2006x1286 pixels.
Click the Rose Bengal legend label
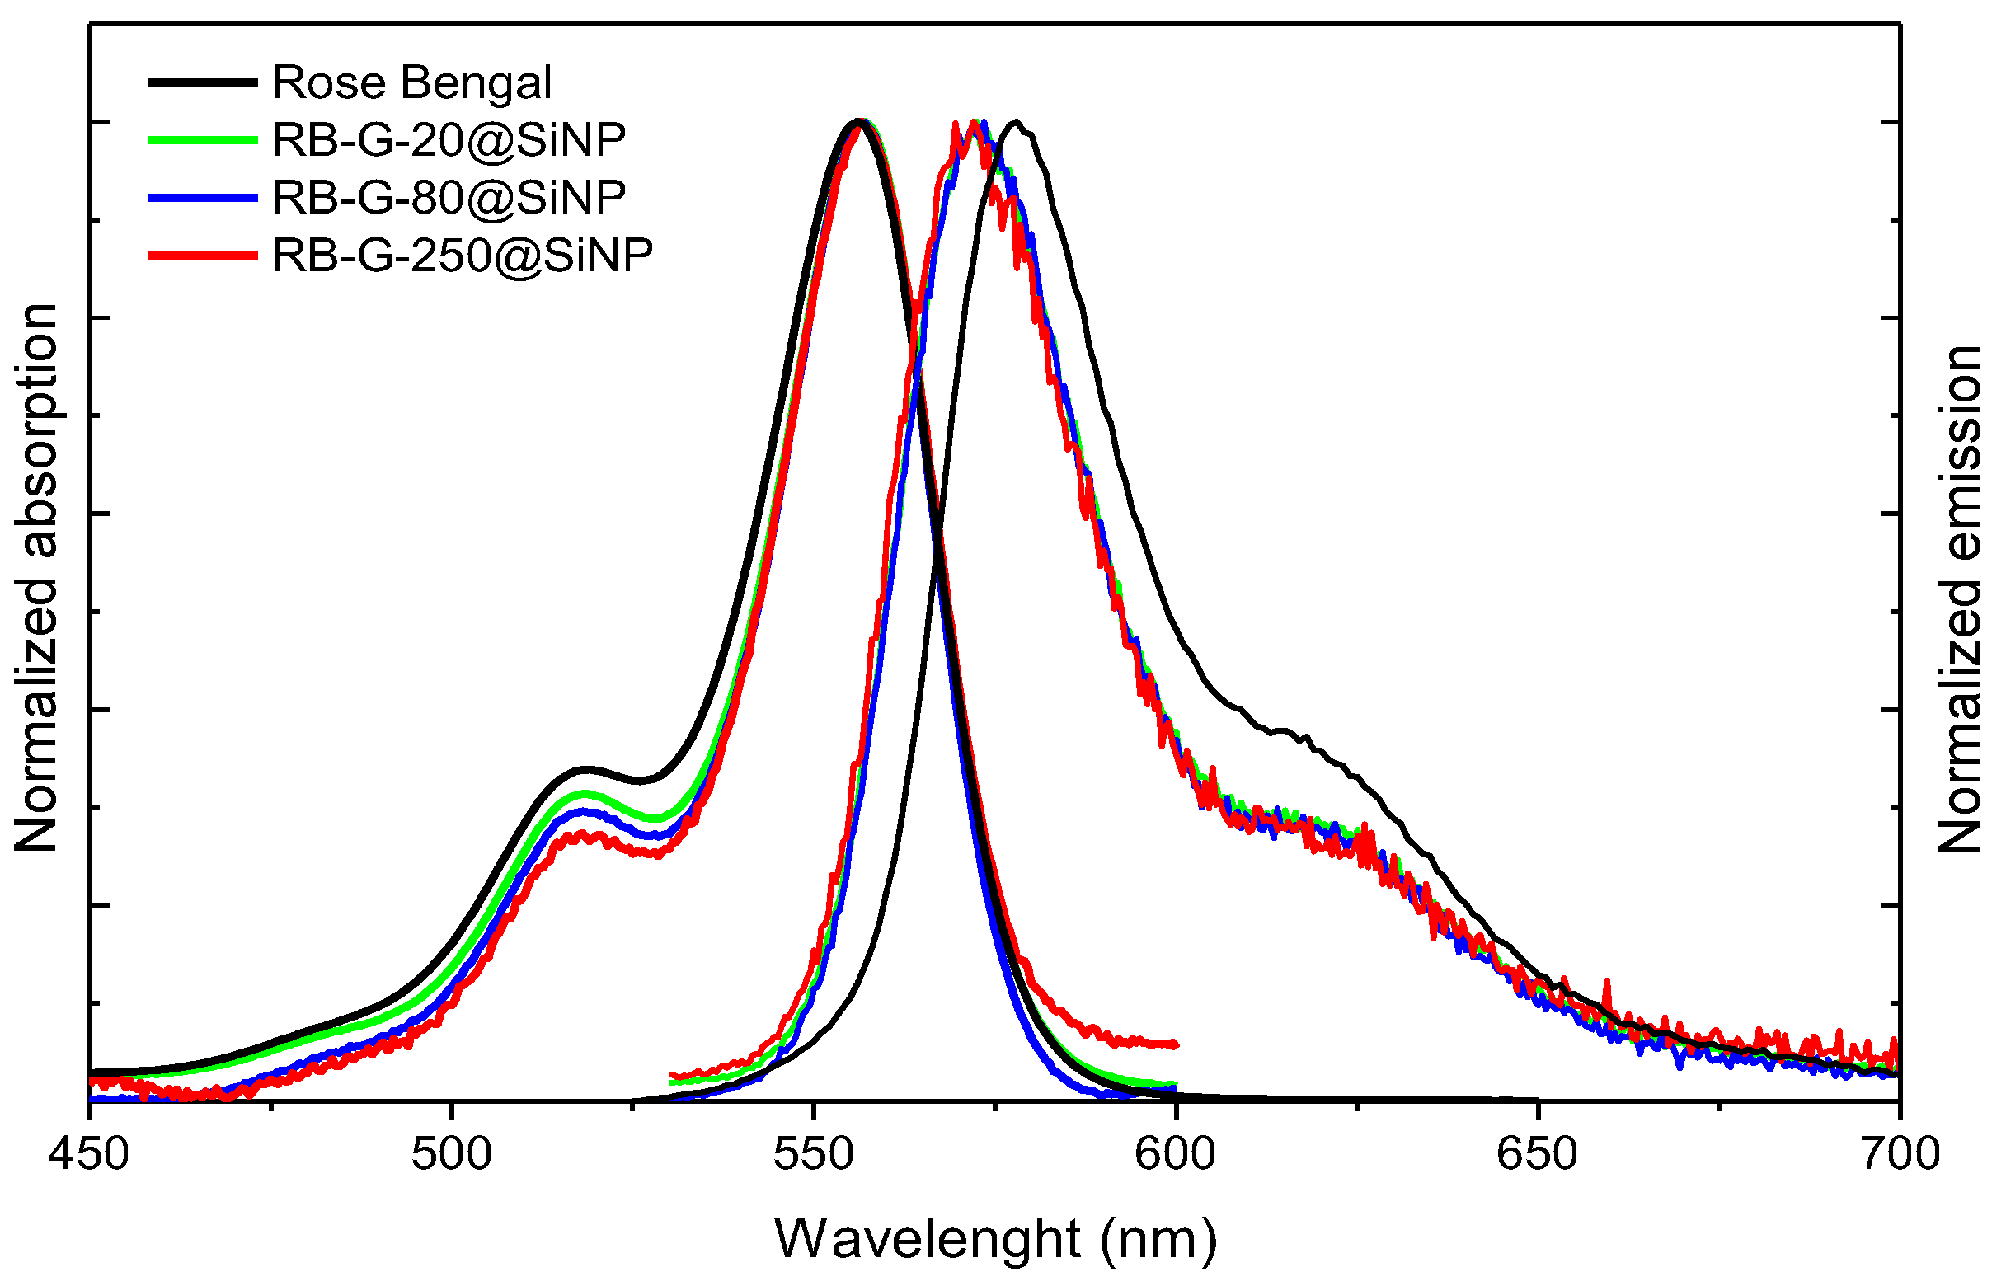[411, 82]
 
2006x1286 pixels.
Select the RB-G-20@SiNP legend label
[449, 140]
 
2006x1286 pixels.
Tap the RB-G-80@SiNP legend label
[449, 198]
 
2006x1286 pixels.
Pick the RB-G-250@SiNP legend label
[462, 255]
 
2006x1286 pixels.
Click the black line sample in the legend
[202, 82]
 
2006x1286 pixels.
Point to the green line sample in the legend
[202, 140]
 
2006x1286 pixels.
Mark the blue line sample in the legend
[202, 198]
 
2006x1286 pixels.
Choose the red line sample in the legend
[202, 255]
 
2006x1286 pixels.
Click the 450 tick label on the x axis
[88, 1155]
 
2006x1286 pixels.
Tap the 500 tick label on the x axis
[451, 1155]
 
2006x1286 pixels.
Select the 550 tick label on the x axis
[814, 1155]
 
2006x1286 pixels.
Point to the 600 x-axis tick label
[1176, 1155]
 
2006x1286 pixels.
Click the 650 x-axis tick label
[1538, 1155]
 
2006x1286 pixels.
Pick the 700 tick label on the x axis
[1899, 1155]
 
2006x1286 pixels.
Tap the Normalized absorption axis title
[36, 578]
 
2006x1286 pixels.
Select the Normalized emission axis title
[1959, 599]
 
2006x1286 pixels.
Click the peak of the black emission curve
[1015, 122]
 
